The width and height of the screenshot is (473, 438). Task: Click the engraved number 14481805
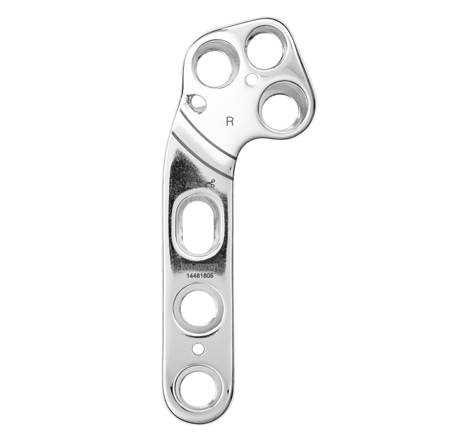200,275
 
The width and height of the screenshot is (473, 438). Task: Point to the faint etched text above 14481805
200,266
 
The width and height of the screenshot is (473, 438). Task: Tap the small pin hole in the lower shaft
199,349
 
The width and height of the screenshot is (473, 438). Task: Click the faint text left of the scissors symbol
194,185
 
